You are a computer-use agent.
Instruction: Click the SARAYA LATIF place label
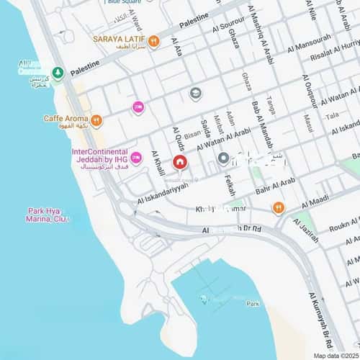coord(119,39)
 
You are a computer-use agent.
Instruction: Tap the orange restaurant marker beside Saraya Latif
coord(153,42)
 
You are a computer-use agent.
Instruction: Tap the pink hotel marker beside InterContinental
coord(135,157)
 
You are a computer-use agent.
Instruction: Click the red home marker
coord(179,163)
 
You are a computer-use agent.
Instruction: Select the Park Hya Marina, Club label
coord(49,215)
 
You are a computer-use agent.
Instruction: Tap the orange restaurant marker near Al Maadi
coord(279,208)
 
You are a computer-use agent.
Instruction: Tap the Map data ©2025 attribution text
coord(335,356)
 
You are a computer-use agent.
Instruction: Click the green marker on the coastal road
coord(58,73)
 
